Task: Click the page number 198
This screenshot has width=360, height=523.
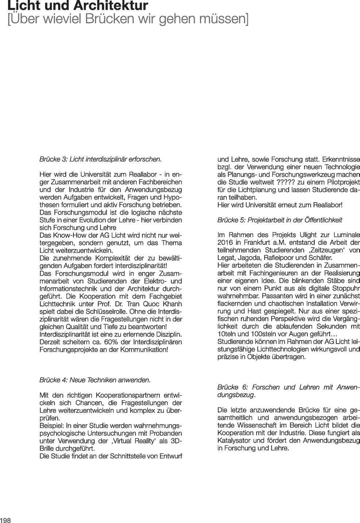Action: point(5,520)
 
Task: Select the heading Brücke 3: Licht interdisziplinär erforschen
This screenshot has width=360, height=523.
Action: point(100,159)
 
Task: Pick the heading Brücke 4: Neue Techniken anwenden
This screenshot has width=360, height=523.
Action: point(95,380)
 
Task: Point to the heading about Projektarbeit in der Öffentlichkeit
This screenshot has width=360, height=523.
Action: point(280,220)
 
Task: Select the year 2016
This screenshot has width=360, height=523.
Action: point(225,243)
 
